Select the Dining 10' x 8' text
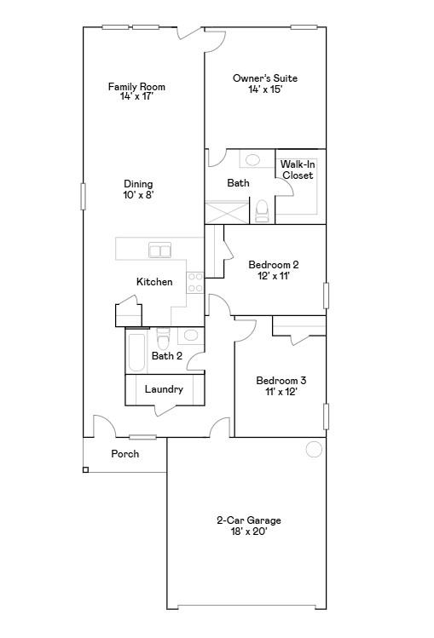(x=138, y=189)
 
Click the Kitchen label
(x=154, y=282)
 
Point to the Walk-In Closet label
(x=298, y=170)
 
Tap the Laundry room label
(x=164, y=389)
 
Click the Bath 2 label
(x=167, y=356)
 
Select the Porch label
(x=125, y=454)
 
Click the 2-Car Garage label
(x=248, y=520)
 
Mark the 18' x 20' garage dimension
(x=248, y=532)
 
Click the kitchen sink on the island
(x=159, y=250)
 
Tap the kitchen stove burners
(x=195, y=282)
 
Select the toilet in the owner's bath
(x=262, y=210)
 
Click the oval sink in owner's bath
(x=252, y=159)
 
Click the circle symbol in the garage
(x=314, y=450)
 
